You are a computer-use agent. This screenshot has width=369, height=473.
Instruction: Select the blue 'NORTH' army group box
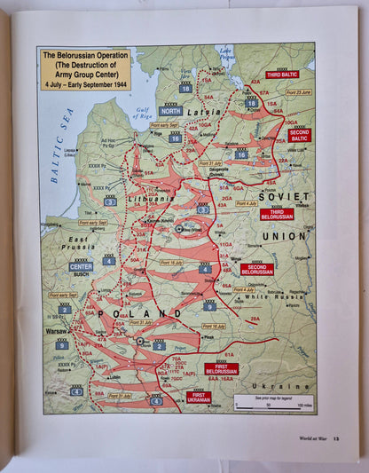tap(171, 112)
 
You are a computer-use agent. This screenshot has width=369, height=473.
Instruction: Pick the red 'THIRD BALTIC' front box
tap(281, 75)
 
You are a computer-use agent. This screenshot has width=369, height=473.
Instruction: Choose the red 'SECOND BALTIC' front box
tap(300, 136)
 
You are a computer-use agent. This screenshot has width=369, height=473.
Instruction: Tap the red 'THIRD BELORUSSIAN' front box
tap(278, 214)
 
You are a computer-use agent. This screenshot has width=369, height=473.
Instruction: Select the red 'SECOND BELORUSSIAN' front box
tap(257, 269)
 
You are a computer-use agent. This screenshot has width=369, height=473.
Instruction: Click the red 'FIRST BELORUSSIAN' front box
tap(221, 368)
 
